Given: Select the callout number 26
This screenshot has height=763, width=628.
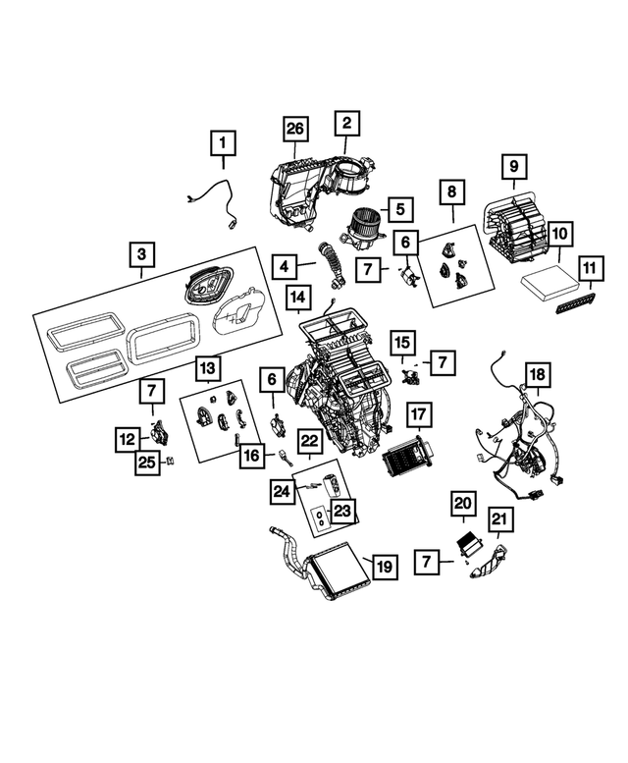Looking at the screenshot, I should coord(295,128).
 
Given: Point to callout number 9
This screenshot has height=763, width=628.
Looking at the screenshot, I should coord(513,167).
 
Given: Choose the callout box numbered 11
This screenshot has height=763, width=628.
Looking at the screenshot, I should coord(588,267).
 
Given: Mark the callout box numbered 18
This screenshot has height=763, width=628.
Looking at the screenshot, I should coord(537,376).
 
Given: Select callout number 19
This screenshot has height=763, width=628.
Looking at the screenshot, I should coord(385,567).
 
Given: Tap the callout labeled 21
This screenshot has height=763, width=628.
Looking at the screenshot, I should coord(498,520).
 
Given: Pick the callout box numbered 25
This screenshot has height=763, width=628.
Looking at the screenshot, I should coord(147,463).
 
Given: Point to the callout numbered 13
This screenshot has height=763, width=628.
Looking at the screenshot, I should coord(207,368).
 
